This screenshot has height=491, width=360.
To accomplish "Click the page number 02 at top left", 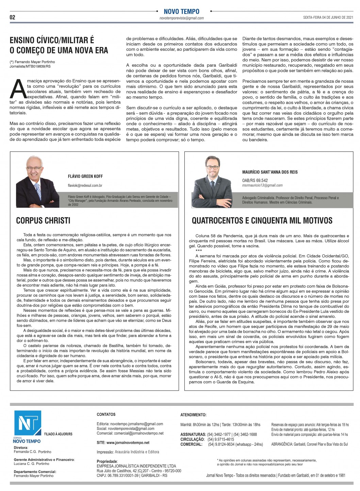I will click(x=13, y=17).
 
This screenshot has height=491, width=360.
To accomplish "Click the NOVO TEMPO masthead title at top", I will click(x=181, y=12).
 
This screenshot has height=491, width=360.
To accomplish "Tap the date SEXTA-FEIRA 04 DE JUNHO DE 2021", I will click(x=328, y=17).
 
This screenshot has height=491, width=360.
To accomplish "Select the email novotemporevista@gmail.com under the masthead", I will click(x=181, y=18).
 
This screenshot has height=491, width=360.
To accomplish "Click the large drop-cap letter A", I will click(x=18, y=89).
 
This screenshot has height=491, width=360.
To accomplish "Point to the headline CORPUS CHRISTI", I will click(x=43, y=220).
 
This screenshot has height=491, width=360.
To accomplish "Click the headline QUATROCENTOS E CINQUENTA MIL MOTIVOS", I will click(x=262, y=220).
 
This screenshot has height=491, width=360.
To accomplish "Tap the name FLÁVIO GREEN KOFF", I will click(x=85, y=176).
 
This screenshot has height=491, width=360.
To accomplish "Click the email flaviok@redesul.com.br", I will click(x=85, y=185).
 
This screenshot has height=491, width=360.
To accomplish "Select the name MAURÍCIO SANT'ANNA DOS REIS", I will click(x=270, y=172).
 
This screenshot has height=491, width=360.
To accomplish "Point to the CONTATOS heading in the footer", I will click(x=106, y=414).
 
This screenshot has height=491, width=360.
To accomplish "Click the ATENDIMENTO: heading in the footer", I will click(x=193, y=415).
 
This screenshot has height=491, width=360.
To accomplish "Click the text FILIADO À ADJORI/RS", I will click(x=58, y=434).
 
